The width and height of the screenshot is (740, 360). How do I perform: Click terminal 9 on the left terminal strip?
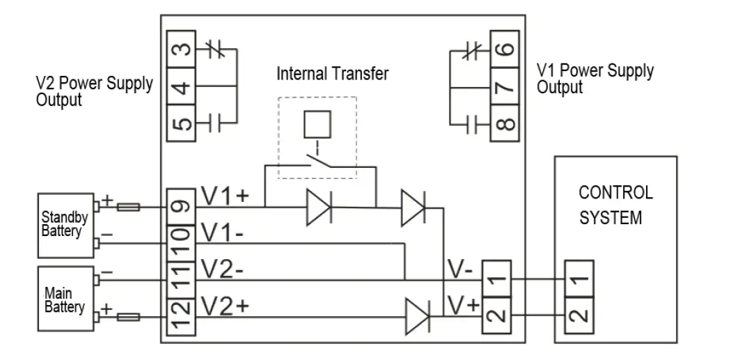[x=180, y=207]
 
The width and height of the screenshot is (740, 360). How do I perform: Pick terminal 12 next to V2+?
[x=180, y=315]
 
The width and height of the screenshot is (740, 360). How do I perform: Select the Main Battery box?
[x=65, y=298]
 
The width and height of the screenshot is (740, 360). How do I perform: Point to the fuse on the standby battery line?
[x=129, y=207]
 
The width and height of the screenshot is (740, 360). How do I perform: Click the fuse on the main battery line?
[x=129, y=316]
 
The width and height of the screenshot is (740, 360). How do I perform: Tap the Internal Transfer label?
[x=333, y=74]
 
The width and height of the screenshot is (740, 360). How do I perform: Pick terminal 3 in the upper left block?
[x=180, y=51]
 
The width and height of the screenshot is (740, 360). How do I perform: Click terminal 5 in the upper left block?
[x=180, y=124]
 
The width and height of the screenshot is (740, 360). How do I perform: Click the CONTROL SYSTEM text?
[x=615, y=205]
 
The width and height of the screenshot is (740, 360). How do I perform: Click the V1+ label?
[x=224, y=197]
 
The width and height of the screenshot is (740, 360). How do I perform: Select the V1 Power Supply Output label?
[x=595, y=79]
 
